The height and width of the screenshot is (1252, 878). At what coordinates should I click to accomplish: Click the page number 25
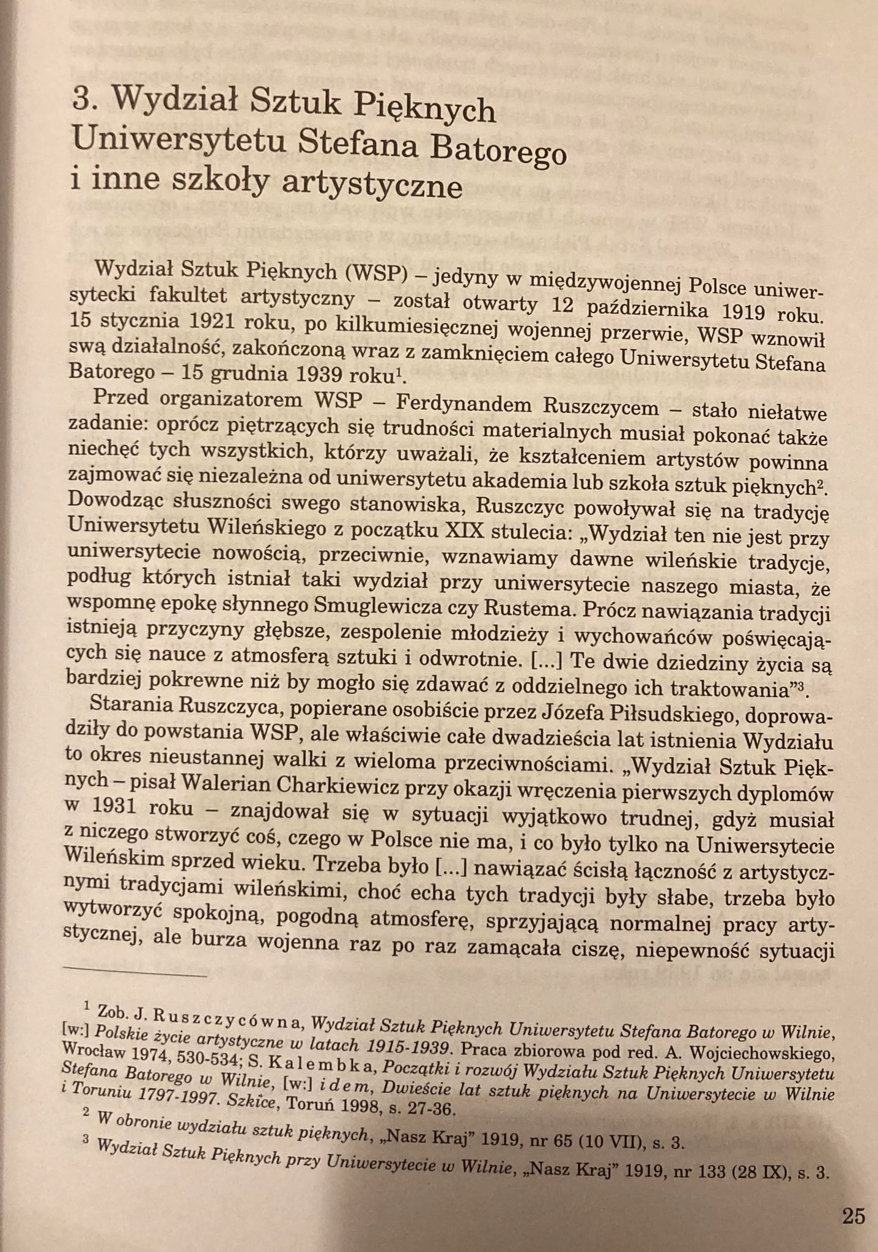(x=853, y=1216)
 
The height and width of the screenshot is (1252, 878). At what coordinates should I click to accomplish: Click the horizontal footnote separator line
(x=135, y=973)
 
